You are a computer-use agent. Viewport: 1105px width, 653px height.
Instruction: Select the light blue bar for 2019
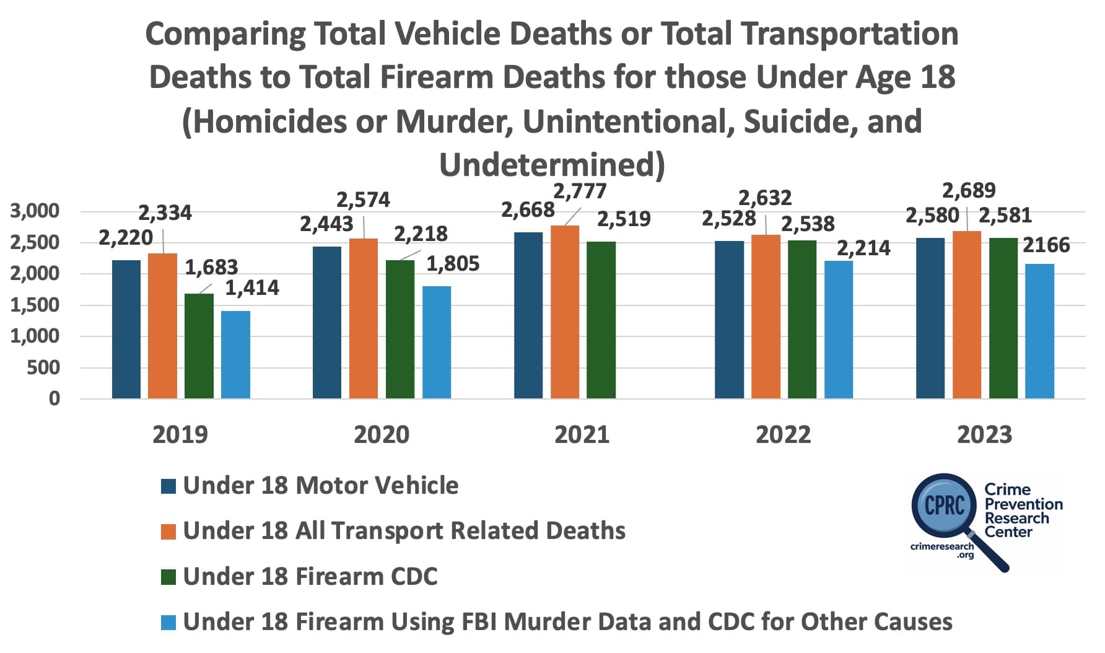coord(235,354)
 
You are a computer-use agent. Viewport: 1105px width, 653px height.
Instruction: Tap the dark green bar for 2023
coord(1003,318)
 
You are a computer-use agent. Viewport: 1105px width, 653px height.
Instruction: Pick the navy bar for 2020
coord(326,322)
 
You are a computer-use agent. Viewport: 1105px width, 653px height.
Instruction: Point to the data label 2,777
coord(579,191)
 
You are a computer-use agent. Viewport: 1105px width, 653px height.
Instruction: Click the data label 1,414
coord(251,288)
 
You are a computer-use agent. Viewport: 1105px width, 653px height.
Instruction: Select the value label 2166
coord(1046,245)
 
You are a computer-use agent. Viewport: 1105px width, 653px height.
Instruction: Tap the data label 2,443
coord(326,224)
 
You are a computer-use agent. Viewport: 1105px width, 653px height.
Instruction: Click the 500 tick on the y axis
coord(44,367)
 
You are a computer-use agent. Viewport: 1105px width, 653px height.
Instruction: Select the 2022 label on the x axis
coord(783,434)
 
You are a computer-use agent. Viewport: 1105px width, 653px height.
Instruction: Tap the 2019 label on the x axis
coord(180,434)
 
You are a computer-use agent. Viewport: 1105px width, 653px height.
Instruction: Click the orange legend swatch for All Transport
coord(168,532)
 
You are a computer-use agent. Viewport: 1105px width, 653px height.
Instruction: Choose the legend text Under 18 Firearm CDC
coord(310,576)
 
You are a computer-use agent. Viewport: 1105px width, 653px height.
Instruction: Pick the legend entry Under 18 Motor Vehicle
coord(320,485)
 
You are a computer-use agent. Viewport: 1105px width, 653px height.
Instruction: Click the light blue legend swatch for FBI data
coord(168,622)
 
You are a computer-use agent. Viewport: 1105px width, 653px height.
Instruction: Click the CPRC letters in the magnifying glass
coord(944,505)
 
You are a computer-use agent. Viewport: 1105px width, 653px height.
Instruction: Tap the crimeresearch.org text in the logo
coord(942,550)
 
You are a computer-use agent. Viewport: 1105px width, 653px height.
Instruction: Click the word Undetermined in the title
coord(551,165)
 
